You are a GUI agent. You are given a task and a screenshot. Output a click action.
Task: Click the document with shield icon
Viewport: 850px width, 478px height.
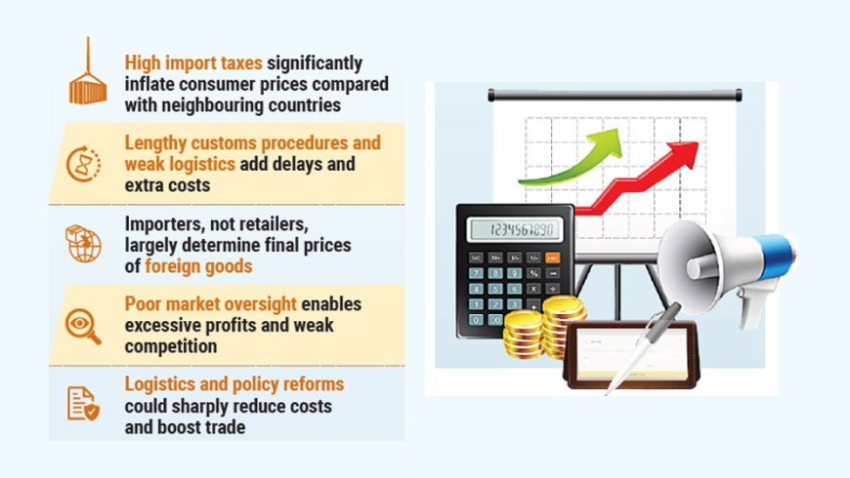click(83, 402)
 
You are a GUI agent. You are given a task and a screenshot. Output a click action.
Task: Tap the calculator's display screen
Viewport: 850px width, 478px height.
click(515, 230)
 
